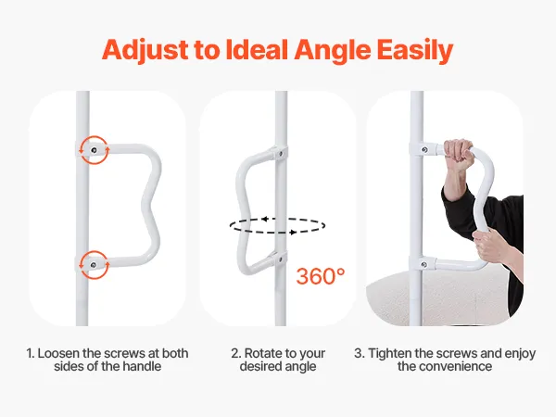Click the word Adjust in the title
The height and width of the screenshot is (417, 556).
pos(145,50)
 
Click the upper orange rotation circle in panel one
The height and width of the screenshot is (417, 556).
pos(94,136)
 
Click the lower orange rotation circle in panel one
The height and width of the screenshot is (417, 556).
pos(94,251)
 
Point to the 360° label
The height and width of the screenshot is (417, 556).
pos(321,276)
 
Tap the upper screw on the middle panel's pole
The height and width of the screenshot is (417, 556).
pos(281,154)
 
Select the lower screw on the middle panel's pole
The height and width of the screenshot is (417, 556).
pos(280,259)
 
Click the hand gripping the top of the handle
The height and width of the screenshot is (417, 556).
pos(458,154)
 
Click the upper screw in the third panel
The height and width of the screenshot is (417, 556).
pos(424,150)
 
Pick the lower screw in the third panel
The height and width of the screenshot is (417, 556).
pos(423,264)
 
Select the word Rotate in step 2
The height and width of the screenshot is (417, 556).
pos(261,354)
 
